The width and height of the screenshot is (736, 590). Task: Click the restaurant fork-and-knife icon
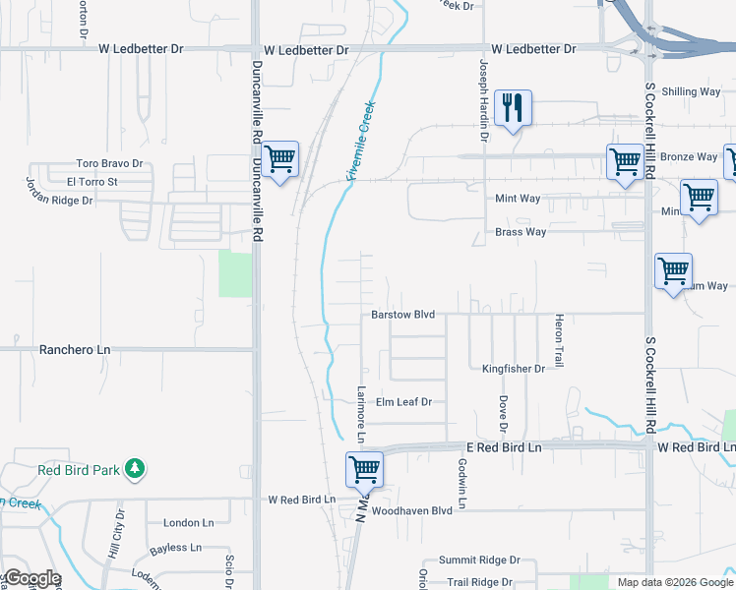click(x=512, y=106)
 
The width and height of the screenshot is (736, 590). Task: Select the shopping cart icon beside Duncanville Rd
click(x=280, y=157)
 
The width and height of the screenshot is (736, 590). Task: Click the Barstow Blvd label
click(x=402, y=315)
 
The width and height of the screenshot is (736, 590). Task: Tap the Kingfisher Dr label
click(x=513, y=369)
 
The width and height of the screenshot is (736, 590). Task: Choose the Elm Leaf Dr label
click(x=404, y=402)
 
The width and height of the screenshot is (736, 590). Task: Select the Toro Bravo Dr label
click(x=110, y=164)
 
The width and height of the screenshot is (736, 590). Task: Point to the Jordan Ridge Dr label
click(x=59, y=192)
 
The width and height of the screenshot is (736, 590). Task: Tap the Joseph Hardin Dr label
click(x=483, y=88)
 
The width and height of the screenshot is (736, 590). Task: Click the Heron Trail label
click(x=559, y=340)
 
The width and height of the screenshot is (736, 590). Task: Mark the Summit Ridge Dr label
click(x=479, y=560)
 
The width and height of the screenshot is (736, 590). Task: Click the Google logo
click(x=31, y=578)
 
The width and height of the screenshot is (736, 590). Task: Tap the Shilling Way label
click(x=691, y=91)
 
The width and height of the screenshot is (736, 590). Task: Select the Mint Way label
click(x=517, y=199)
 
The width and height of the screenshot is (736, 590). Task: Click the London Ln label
click(x=189, y=523)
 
